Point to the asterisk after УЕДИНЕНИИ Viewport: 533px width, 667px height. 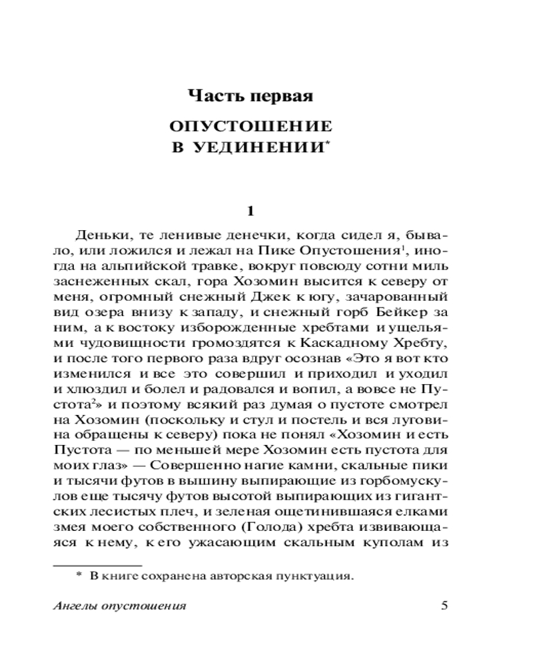(328, 143)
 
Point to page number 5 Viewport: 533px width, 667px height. (445, 606)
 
